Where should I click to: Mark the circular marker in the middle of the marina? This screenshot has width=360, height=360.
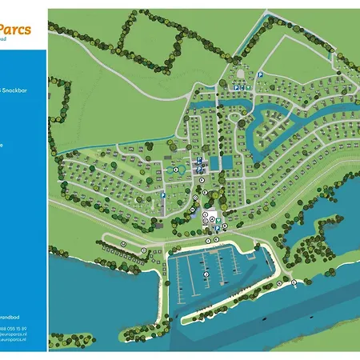207,274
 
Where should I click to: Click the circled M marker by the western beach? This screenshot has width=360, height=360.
124,242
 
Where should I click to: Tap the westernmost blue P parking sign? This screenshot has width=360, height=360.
162,196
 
